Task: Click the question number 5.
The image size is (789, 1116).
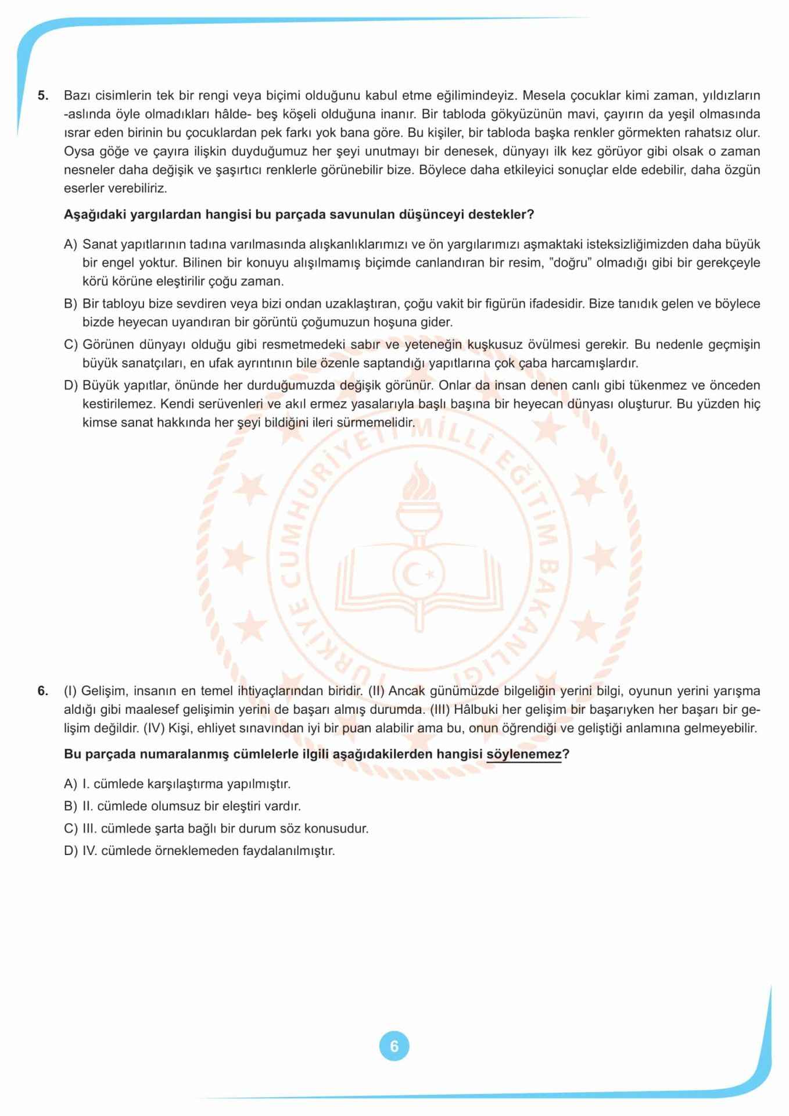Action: tap(42, 95)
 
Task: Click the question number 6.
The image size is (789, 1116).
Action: tap(42, 691)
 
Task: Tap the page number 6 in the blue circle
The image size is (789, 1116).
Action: tap(394, 1046)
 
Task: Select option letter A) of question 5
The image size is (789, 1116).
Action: tap(70, 244)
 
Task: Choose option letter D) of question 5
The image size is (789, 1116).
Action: tap(70, 385)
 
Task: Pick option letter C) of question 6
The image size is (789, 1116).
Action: tap(70, 828)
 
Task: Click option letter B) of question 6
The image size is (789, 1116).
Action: tap(70, 806)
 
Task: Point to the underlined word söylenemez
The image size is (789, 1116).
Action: tap(524, 754)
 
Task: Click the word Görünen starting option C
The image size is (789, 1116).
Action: tap(108, 345)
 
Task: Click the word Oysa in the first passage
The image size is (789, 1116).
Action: tap(78, 151)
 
